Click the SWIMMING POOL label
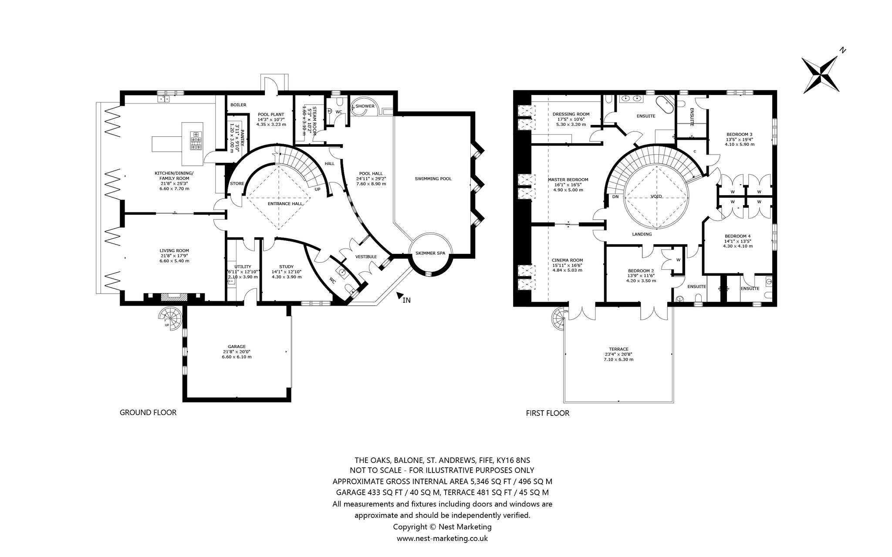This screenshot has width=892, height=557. click(x=433, y=179)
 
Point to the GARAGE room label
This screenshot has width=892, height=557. click(x=237, y=347)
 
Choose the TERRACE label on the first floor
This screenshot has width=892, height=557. click(x=618, y=349)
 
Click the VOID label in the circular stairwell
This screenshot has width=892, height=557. click(x=656, y=196)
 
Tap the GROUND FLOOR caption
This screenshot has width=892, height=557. click(x=148, y=412)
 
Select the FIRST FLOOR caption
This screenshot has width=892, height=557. click(x=547, y=413)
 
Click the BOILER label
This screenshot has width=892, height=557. click(x=238, y=105)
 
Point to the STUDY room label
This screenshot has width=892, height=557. click(x=286, y=267)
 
